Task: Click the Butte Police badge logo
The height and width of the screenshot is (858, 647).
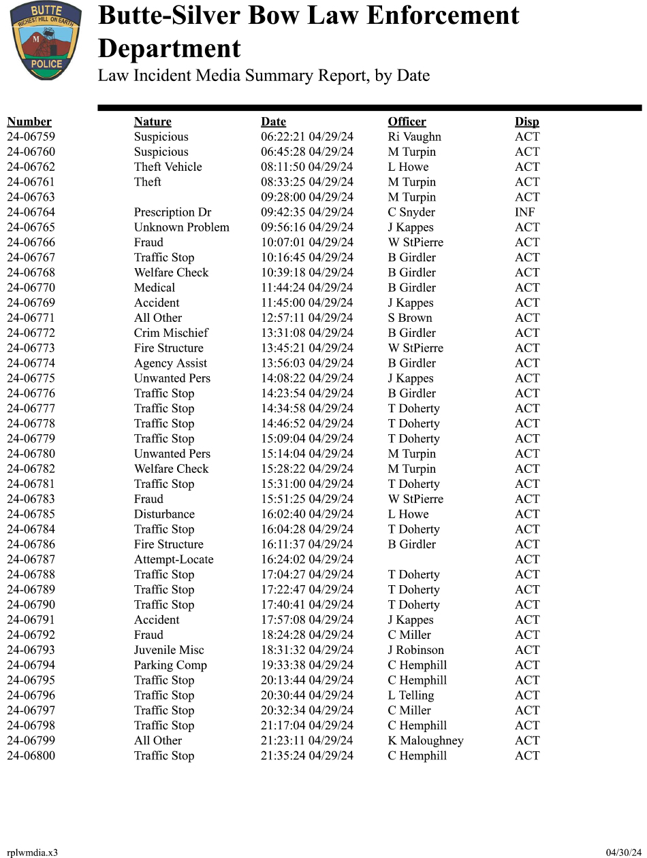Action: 45,40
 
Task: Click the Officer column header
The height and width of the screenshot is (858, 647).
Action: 407,122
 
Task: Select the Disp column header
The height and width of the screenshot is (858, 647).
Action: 526,122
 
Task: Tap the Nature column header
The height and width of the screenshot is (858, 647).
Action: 153,122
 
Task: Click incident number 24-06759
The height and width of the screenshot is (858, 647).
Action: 31,137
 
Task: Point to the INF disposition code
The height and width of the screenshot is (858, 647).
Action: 524,212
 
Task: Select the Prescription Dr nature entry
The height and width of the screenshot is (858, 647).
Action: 172,212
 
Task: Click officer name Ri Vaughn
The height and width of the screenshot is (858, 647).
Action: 414,137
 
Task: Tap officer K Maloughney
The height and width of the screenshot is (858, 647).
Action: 425,740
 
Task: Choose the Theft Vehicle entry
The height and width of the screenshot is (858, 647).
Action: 168,167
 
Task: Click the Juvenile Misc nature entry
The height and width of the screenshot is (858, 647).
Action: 168,650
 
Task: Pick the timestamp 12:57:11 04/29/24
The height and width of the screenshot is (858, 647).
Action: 306,318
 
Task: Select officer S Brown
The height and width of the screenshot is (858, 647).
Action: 409,318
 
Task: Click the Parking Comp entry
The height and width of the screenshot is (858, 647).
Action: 170,665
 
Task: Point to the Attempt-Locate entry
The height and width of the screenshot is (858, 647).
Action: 173,559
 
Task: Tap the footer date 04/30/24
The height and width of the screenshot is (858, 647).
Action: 623,853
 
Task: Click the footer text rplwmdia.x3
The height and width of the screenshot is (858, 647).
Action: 32,853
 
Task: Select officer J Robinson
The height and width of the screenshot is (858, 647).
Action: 415,650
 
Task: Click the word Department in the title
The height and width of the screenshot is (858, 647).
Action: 169,49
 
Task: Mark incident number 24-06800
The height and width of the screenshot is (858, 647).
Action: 31,755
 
